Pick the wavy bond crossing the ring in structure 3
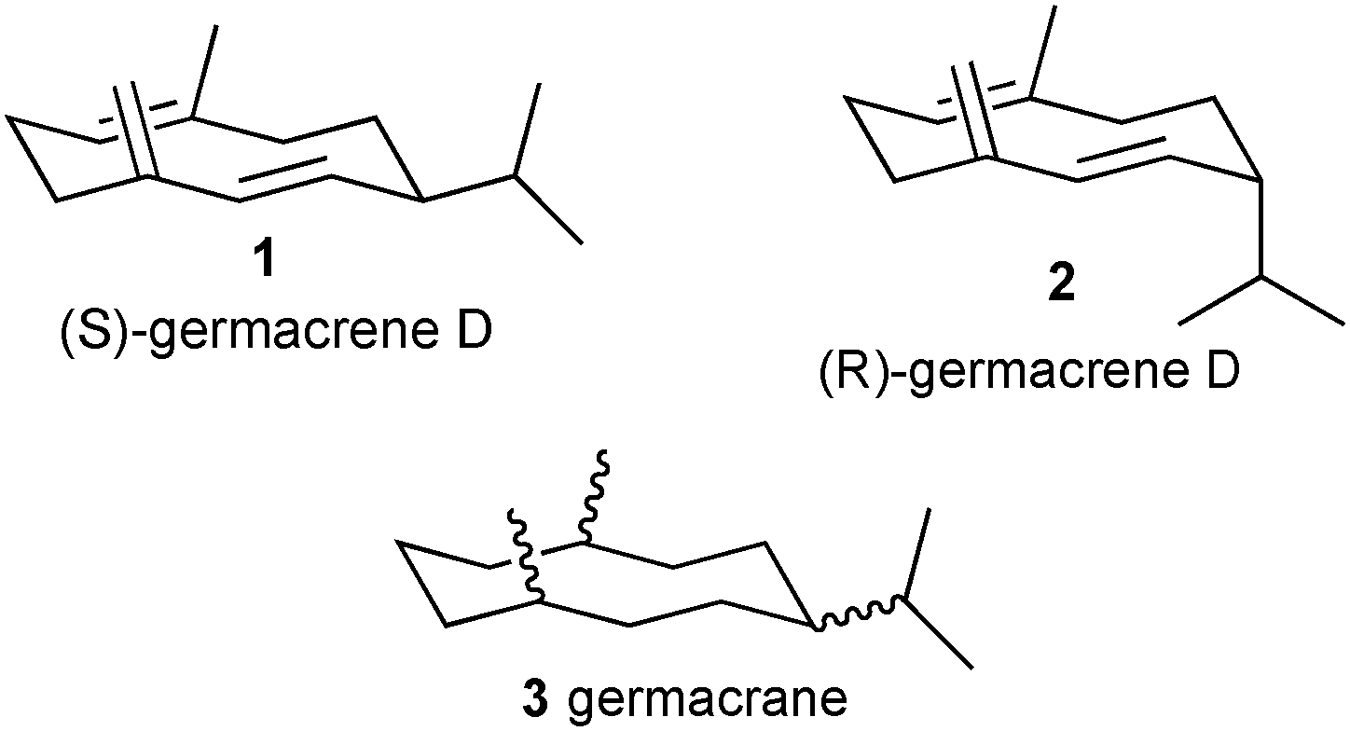[x=526, y=557]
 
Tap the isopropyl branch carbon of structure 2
[x=1261, y=277]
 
